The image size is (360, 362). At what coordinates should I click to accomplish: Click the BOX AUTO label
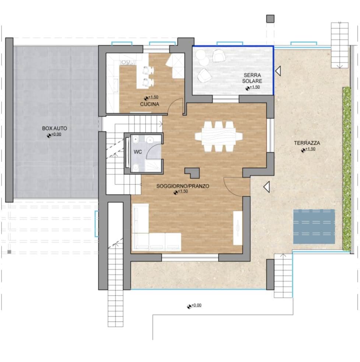(55, 129)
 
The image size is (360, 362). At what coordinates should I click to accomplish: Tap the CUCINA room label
(150, 104)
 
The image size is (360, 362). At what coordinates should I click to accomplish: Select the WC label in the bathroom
(138, 152)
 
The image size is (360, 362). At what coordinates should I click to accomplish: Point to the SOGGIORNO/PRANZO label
(183, 186)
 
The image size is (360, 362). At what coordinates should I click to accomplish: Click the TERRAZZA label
(307, 143)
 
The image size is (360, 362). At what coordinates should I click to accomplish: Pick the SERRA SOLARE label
(252, 78)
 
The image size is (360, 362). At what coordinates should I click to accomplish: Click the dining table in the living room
(219, 137)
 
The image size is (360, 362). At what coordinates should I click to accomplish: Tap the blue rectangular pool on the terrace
(314, 226)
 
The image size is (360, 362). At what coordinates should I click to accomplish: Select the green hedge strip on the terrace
(346, 169)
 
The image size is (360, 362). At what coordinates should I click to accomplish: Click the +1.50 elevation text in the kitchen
(153, 97)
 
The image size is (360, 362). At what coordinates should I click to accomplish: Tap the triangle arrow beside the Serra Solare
(278, 71)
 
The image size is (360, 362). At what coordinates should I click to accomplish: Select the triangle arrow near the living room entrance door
(267, 187)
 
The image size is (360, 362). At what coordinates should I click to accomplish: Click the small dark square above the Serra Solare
(270, 19)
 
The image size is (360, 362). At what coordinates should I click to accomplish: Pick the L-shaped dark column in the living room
(192, 172)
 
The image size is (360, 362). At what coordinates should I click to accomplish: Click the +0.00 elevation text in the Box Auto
(56, 134)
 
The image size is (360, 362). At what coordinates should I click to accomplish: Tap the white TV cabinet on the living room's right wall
(238, 228)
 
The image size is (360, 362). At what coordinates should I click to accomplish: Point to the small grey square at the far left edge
(9, 252)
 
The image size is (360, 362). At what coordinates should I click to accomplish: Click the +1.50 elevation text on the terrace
(310, 149)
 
